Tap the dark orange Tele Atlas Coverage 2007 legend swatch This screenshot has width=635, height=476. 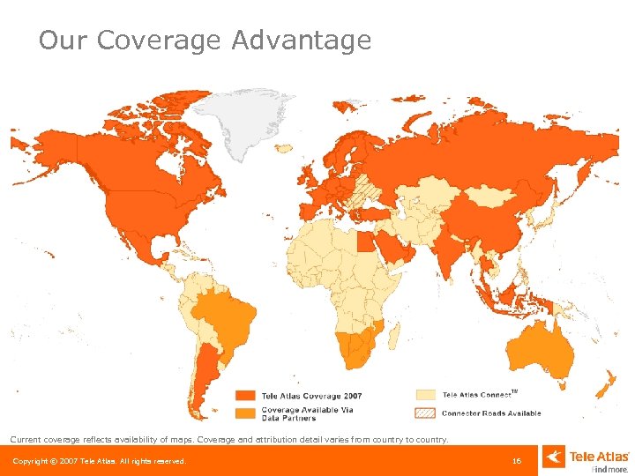click(x=245, y=396)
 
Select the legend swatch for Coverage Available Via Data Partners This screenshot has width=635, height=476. click(x=245, y=413)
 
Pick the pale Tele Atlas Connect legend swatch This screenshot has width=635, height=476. click(x=426, y=395)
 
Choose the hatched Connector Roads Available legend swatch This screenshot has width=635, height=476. click(x=426, y=413)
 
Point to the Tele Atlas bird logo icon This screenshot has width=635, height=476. click(x=554, y=457)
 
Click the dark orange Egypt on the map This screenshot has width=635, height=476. click(x=362, y=239)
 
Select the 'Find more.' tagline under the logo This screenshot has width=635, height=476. click(x=609, y=469)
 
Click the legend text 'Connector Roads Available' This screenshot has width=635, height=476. click(x=491, y=413)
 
